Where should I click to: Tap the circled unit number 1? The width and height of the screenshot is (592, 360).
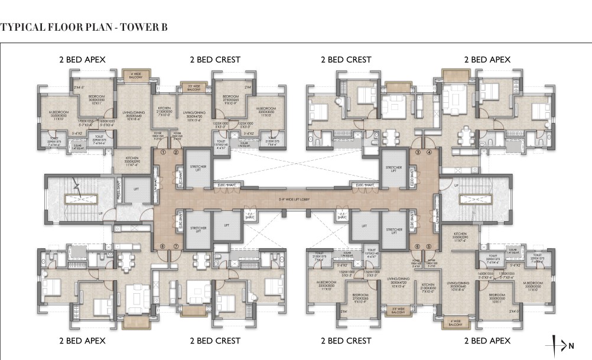163,153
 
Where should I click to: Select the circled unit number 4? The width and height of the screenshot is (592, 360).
430,153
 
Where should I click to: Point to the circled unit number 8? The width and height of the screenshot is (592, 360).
162,246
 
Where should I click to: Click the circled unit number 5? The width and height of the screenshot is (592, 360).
430,247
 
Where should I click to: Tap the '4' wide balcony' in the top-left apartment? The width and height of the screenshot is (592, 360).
132,75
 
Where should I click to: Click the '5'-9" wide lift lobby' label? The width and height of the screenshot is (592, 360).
295,198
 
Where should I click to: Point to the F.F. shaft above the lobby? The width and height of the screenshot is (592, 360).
251,216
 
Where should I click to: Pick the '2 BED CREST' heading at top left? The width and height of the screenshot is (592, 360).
214,60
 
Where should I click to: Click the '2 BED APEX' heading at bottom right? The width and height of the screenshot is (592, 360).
487,340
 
